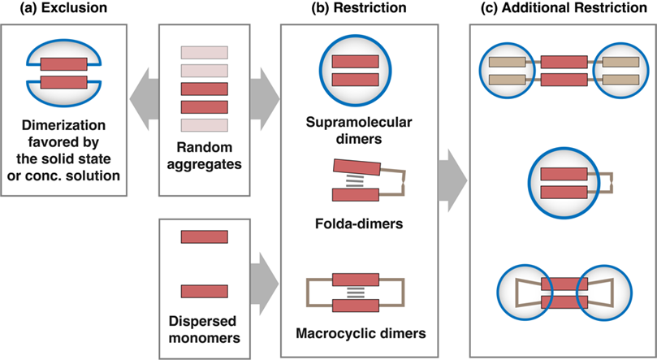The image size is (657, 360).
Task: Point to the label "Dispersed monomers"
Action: coord(204,324)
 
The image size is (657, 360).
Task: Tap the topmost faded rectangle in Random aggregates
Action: coord(204,53)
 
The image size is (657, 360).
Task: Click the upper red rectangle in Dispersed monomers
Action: coord(204,236)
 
